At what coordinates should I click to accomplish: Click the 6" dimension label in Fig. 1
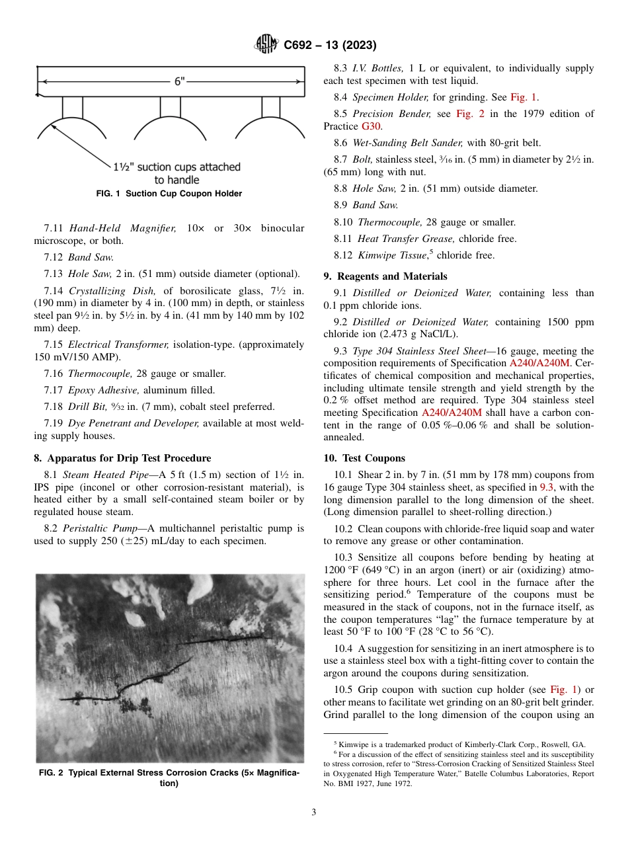(180, 81)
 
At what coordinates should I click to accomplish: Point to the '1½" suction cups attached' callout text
(177, 167)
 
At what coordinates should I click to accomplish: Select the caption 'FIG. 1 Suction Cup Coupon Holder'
(169, 194)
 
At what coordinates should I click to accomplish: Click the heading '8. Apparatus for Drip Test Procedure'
(122, 458)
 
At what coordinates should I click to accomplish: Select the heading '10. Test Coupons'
(364, 458)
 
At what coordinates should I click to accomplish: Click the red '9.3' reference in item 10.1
(547, 487)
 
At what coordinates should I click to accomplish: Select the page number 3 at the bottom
(314, 813)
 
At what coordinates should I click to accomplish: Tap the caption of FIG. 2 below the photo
(169, 778)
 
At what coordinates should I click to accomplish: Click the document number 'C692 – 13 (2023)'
(330, 45)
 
